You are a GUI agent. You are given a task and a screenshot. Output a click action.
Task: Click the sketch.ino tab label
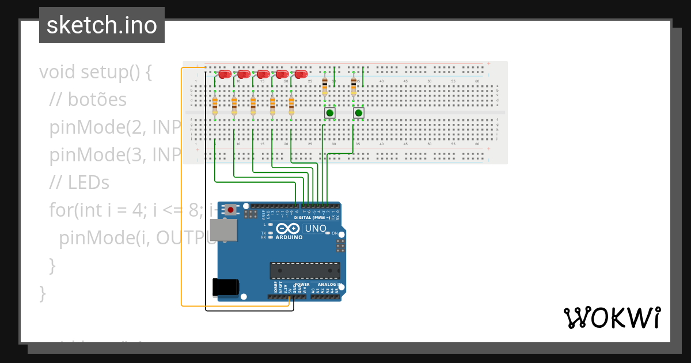[102, 25]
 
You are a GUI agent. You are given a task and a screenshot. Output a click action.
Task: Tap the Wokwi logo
[612, 317]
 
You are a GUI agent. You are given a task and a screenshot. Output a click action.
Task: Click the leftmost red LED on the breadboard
[225, 74]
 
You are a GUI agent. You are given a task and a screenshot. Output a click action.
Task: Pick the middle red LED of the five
[263, 74]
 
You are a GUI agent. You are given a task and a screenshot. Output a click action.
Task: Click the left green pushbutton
[330, 113]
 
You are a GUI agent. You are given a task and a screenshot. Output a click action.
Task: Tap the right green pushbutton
[359, 113]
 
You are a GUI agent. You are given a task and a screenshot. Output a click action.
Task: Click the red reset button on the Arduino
[231, 210]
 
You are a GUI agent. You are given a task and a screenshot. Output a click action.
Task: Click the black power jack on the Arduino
[225, 287]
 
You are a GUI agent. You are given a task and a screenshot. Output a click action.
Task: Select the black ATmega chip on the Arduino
[305, 270]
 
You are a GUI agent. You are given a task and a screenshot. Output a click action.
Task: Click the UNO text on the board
[315, 229]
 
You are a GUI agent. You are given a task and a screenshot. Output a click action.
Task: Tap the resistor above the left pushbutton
[325, 86]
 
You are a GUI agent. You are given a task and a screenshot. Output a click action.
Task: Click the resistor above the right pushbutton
[354, 86]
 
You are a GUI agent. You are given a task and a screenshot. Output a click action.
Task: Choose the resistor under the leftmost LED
[215, 105]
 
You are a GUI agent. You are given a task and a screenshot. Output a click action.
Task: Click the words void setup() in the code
[95, 73]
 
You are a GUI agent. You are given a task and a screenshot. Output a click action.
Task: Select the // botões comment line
[88, 100]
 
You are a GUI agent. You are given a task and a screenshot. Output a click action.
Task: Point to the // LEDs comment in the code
[79, 183]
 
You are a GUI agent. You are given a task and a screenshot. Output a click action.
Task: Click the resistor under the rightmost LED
[291, 105]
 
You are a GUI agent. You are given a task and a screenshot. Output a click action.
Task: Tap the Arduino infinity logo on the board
[288, 229]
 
